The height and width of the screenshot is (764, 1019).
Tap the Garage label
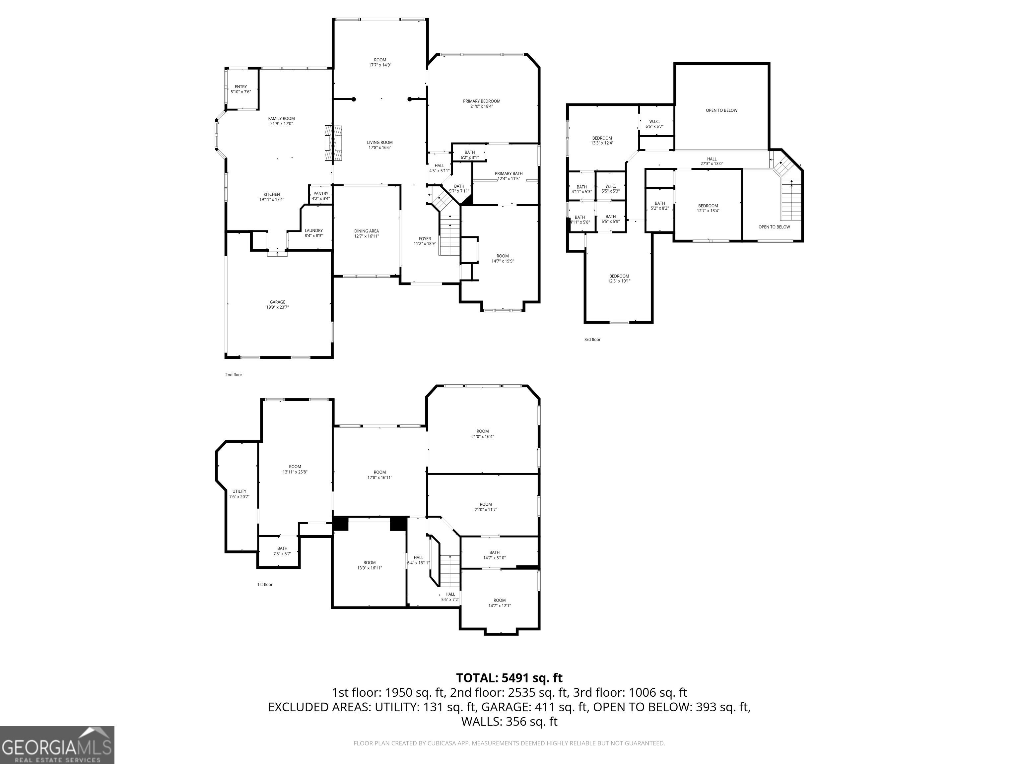click(x=277, y=302)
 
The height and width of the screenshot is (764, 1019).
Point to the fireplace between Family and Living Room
click(x=333, y=143)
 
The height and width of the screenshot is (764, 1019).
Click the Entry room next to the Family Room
click(x=240, y=89)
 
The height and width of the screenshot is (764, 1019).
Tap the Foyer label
click(x=425, y=238)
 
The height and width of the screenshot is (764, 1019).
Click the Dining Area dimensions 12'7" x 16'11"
click(x=367, y=236)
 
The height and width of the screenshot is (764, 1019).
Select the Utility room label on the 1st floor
click(x=239, y=491)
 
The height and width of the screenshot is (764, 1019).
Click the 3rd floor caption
click(x=592, y=340)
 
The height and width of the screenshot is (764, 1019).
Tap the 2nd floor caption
click(x=234, y=374)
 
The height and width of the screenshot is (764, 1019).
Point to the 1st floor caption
click(x=265, y=584)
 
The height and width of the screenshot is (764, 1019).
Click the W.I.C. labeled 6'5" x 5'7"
click(x=654, y=124)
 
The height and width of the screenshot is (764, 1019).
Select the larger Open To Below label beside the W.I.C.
click(x=721, y=110)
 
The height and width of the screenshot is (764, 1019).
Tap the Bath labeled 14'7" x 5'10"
click(x=494, y=555)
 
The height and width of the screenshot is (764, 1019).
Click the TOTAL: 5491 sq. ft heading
click(x=509, y=678)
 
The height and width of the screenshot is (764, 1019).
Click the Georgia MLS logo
click(x=57, y=745)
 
